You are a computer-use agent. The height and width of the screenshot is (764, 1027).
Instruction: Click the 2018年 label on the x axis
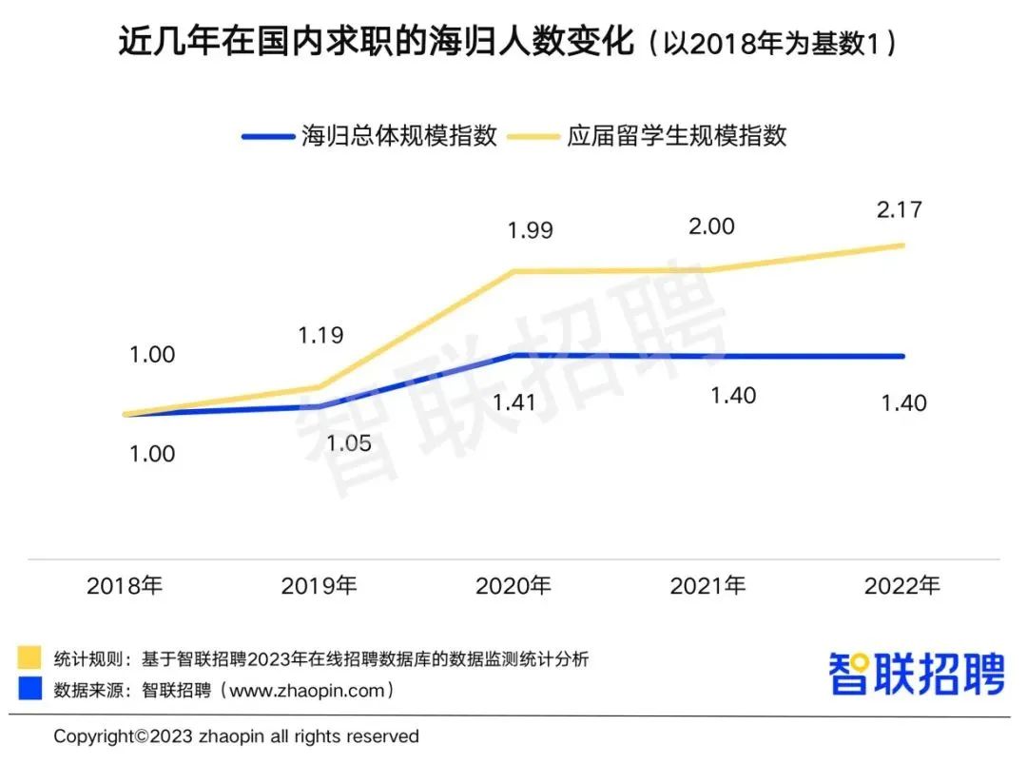[x=125, y=586]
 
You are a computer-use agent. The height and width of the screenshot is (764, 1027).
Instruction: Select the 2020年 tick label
[x=513, y=586]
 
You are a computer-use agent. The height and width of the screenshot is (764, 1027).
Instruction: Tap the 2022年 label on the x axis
[x=901, y=586]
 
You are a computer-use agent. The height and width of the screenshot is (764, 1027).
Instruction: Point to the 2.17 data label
[x=900, y=209]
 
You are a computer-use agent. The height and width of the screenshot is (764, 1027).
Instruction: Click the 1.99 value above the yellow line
[x=530, y=231]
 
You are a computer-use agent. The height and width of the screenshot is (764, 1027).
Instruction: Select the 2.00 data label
[x=710, y=226]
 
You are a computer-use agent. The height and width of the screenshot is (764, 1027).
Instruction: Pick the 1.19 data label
[x=320, y=336]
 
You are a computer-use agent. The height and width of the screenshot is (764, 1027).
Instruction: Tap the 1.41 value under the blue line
[x=514, y=402]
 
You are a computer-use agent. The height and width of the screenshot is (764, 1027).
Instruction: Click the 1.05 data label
[x=348, y=443]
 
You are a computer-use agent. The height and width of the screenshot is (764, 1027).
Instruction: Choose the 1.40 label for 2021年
[x=733, y=395]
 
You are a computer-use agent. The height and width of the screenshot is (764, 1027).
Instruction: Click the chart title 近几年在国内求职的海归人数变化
[x=376, y=44]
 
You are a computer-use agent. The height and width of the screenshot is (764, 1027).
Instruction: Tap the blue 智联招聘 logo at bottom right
[x=917, y=674]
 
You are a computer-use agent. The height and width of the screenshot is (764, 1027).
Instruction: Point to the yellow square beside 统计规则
[x=29, y=658]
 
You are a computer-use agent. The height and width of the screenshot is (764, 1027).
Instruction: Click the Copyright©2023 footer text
[x=236, y=736]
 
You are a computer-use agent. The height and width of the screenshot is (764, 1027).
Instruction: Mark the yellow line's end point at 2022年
[x=902, y=245]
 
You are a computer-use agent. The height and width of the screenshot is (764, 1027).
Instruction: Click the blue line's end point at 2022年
[x=902, y=356]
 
